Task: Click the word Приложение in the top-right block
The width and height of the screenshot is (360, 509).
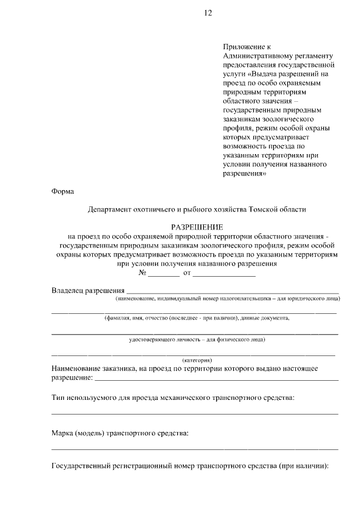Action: [x=242, y=47]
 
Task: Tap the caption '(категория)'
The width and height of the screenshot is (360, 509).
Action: [x=197, y=360]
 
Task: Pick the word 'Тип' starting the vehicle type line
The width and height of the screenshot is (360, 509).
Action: [x=58, y=398]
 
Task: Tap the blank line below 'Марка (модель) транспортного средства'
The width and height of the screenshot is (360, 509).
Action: [x=195, y=449]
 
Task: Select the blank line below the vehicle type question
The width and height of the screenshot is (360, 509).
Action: [x=195, y=414]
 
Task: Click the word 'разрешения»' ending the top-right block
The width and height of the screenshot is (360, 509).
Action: [x=245, y=174]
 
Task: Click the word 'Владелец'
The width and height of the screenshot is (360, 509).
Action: [x=67, y=291]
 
